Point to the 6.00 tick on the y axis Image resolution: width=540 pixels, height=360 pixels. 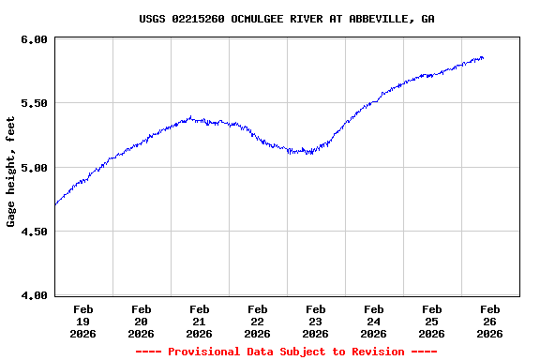(35, 39)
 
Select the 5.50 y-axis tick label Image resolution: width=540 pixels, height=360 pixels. (35, 103)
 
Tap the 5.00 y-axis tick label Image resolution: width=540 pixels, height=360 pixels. (35, 168)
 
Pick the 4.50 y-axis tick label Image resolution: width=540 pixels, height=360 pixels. (35, 232)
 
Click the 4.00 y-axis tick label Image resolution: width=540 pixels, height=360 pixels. (35, 295)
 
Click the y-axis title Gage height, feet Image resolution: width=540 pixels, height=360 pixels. (11, 172)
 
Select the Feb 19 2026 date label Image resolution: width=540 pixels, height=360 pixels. (82, 322)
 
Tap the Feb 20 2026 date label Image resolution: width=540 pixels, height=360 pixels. (141, 322)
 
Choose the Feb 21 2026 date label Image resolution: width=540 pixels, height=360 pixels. (199, 322)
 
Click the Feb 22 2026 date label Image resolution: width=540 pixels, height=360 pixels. (257, 322)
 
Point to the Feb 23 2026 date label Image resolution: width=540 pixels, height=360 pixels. (315, 322)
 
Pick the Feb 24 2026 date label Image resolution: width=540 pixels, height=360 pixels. (373, 322)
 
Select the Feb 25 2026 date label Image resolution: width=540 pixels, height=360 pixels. (431, 322)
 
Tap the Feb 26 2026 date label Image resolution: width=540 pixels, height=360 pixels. (489, 322)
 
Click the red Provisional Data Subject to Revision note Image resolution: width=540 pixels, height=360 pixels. (286, 352)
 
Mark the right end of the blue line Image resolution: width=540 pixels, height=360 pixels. (483, 58)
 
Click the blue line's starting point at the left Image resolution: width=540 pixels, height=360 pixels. (55, 204)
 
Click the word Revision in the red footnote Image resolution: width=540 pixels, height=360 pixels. (375, 352)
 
